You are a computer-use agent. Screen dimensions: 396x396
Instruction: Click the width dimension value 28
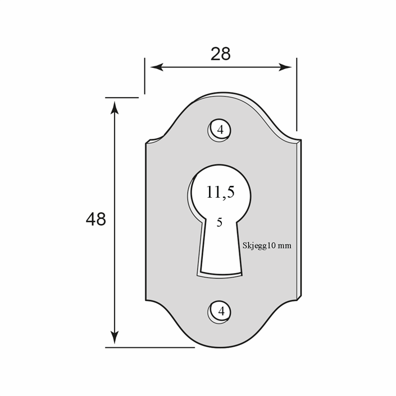click(x=221, y=54)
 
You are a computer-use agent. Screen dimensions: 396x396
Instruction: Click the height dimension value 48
click(x=95, y=219)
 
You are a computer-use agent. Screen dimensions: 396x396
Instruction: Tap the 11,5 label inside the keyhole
click(x=220, y=192)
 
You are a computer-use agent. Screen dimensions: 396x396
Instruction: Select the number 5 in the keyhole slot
click(x=220, y=222)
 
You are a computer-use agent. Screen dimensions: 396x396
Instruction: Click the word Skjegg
click(x=255, y=245)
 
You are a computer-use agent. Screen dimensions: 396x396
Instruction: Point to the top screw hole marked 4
click(x=220, y=130)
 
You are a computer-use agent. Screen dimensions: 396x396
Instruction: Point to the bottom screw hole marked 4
click(x=220, y=312)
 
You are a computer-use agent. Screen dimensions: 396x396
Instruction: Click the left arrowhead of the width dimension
click(x=157, y=67)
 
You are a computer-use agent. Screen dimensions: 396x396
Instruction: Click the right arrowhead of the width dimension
click(x=285, y=67)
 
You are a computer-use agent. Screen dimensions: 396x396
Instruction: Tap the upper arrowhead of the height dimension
click(x=115, y=108)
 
